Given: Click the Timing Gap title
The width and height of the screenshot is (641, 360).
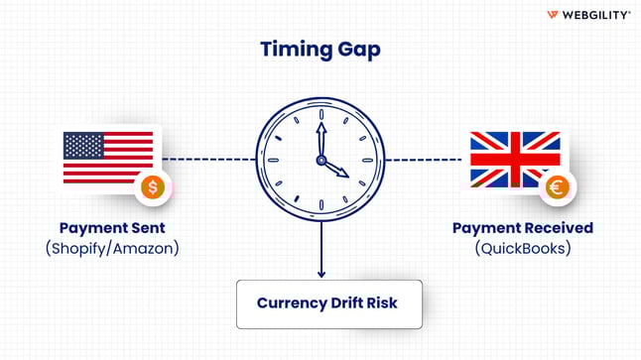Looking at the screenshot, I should (x=320, y=50).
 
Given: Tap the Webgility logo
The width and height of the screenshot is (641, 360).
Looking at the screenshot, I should (x=588, y=15).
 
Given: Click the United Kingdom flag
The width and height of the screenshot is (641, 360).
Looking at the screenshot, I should (x=514, y=157).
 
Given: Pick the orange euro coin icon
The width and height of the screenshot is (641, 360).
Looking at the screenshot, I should (x=557, y=185).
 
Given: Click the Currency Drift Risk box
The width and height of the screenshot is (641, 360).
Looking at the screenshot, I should (x=327, y=302).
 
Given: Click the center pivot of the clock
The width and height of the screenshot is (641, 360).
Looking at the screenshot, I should (x=320, y=159).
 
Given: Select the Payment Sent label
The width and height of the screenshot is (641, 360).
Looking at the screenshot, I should (x=112, y=228).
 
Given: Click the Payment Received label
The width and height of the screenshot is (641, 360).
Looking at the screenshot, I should (x=523, y=228).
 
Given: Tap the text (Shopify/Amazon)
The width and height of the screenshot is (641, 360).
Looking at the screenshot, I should (x=112, y=248).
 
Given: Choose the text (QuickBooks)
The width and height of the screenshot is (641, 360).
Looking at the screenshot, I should (x=523, y=248).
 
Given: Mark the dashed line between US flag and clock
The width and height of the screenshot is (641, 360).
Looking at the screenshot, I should (x=208, y=159).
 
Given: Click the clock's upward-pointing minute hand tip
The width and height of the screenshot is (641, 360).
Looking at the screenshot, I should (x=320, y=128).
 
